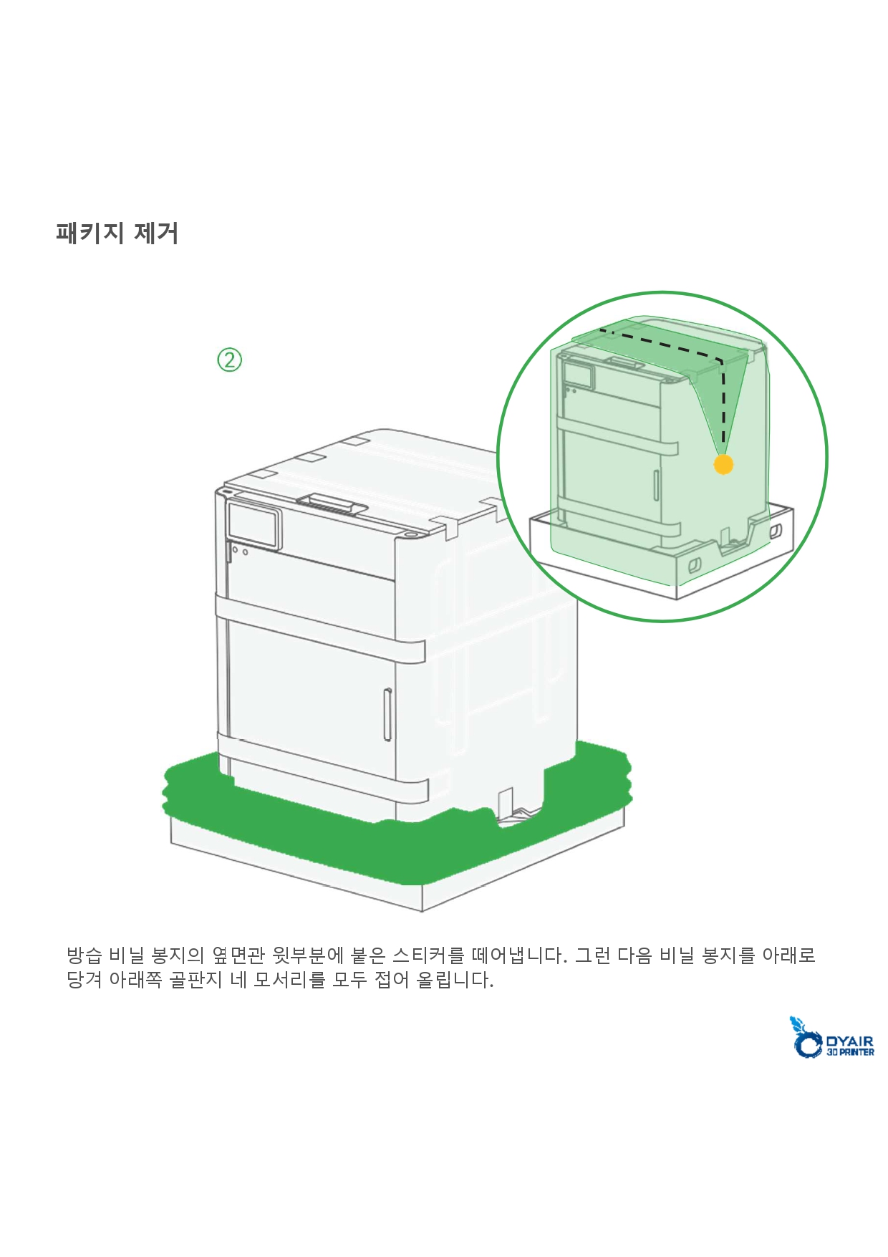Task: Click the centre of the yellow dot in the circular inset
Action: pos(723,464)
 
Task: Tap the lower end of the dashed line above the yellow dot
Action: pos(723,444)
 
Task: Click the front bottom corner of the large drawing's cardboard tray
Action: pos(422,911)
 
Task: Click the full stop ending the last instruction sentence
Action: pos(491,986)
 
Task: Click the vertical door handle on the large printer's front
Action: pos(387,714)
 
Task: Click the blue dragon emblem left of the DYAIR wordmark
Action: pos(806,1037)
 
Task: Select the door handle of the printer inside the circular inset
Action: pos(656,485)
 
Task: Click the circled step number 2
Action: pos(229,360)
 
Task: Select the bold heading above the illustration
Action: pos(117,233)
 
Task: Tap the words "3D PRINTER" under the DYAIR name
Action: pos(850,1052)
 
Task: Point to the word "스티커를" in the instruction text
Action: pos(428,955)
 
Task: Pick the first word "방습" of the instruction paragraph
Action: pos(85,955)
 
